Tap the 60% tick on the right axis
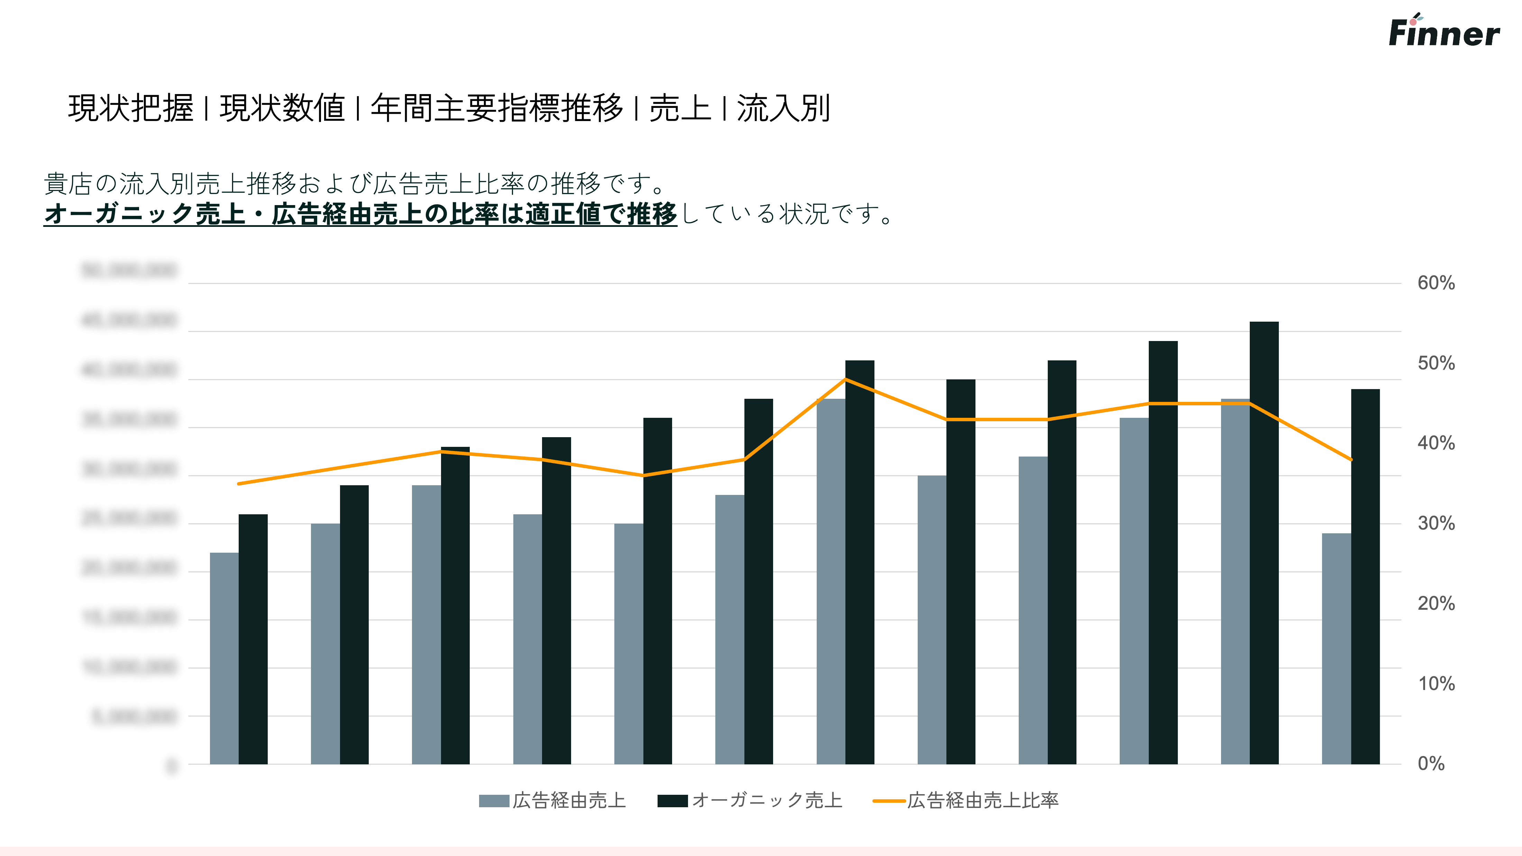pos(1436,283)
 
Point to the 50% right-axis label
pos(1436,363)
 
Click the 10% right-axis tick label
pos(1436,683)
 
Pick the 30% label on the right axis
pos(1436,523)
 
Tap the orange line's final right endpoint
pos(1351,460)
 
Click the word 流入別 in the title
pos(783,109)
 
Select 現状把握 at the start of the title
pos(130,109)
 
